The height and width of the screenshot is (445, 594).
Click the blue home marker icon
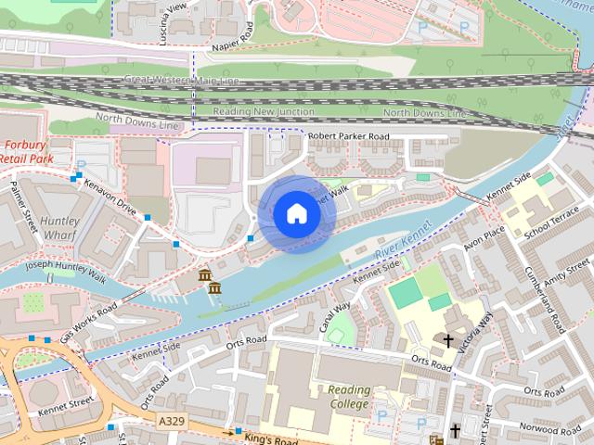pyautogui.click(x=295, y=214)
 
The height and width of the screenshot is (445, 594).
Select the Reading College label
pyautogui.click(x=348, y=397)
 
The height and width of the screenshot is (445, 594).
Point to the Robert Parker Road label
pyautogui.click(x=348, y=136)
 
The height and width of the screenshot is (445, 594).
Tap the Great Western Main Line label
pyautogui.click(x=181, y=81)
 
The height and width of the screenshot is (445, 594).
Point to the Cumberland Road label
pyautogui.click(x=554, y=301)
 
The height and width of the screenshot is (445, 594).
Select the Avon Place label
pyautogui.click(x=484, y=243)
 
